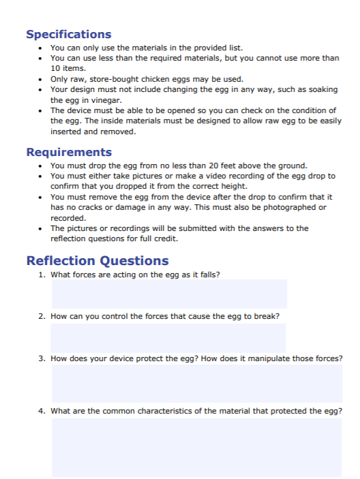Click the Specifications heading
[x=68, y=34]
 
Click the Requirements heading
[x=69, y=152]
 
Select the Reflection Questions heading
[x=97, y=260]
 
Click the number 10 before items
[x=55, y=68]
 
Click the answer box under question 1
[x=169, y=294]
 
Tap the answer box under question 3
[x=196, y=383]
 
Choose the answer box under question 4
[x=196, y=447]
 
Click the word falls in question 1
[x=207, y=275]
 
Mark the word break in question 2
[x=267, y=316]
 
